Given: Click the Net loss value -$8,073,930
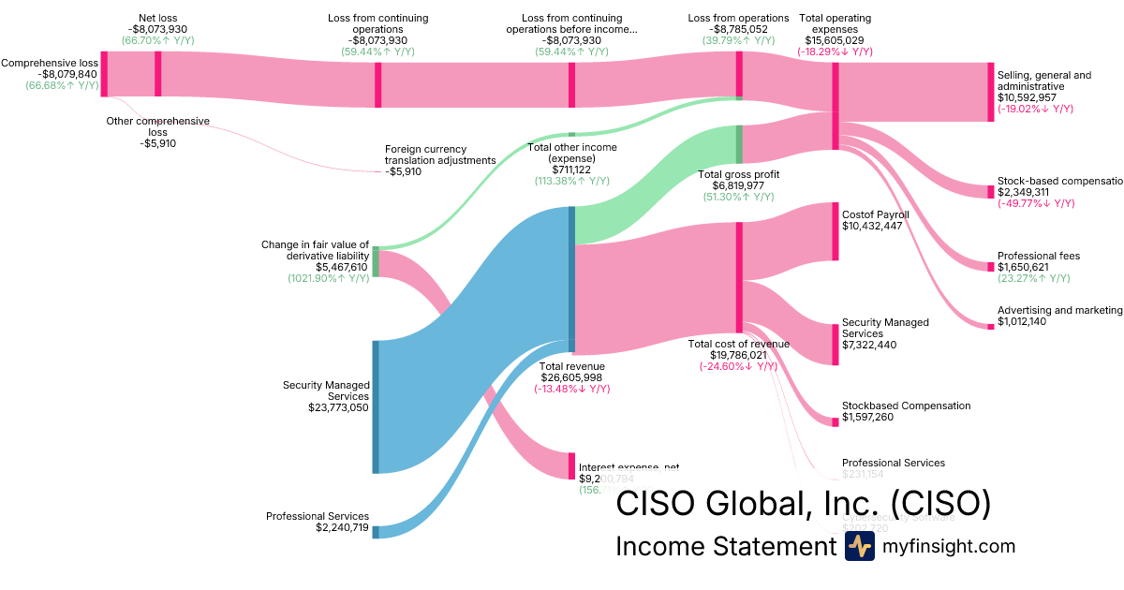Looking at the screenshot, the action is (x=158, y=29).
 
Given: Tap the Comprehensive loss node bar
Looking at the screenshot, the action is (x=104, y=74).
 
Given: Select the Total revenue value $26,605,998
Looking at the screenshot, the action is (x=571, y=377).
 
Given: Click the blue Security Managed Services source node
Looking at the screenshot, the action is (x=376, y=406).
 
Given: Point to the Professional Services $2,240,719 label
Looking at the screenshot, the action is (x=317, y=522).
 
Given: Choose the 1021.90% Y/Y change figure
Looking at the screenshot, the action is (x=328, y=278).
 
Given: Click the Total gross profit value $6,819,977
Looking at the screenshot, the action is (x=739, y=185).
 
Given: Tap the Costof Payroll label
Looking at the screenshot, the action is (x=875, y=214).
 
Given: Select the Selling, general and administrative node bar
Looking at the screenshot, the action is (x=990, y=92).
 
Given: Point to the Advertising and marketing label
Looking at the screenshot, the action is (x=1058, y=310).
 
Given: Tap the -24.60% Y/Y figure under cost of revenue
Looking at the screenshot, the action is (x=739, y=366).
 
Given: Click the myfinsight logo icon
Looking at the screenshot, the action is (x=859, y=547).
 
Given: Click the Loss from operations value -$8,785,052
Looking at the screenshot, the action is (x=738, y=29).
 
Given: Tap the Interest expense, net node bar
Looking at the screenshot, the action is (x=571, y=465).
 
